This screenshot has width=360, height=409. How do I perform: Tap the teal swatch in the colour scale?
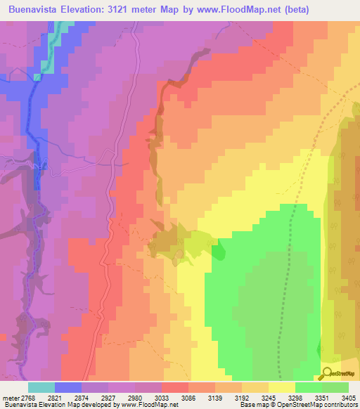coord(41,387)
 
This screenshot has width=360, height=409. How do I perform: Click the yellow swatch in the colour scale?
coord(282,387)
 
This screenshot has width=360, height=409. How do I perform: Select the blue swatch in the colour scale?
coord(68,387)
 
